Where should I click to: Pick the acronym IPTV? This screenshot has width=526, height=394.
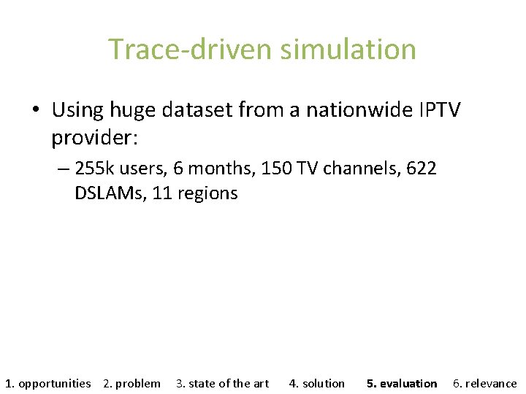tap(440, 110)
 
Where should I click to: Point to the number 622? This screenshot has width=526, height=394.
tap(422, 169)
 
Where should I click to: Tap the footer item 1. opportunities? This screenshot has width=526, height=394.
tap(48, 383)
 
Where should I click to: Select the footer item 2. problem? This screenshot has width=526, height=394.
tap(131, 383)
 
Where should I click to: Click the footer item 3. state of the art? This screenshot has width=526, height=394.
tap(222, 383)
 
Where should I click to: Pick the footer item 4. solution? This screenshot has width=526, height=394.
tap(317, 383)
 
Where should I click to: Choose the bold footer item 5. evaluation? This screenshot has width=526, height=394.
tap(402, 383)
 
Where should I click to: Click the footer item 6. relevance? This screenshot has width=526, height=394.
tap(484, 383)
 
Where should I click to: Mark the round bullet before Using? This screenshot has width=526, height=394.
tap(35, 111)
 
